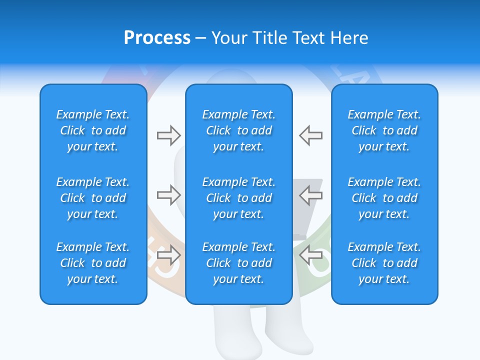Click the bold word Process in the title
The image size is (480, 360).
[x=157, y=38]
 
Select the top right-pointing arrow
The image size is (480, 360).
[x=168, y=135]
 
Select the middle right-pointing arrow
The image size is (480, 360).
[x=168, y=194]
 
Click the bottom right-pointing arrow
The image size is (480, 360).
[x=168, y=254]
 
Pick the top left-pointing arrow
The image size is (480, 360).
[x=311, y=135]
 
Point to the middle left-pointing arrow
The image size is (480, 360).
[x=311, y=194]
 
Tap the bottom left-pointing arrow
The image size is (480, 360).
[x=311, y=254]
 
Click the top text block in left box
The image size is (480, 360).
[x=93, y=130]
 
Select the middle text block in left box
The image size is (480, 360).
[x=93, y=198]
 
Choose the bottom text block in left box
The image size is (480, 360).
[x=93, y=263]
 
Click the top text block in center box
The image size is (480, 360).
[x=238, y=130]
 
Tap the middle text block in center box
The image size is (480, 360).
[x=238, y=198]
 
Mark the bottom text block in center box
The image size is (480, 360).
[x=238, y=263]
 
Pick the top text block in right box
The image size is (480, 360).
[x=384, y=130]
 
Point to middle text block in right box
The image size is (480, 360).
[x=384, y=198]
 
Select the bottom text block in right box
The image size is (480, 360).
[x=384, y=263]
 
